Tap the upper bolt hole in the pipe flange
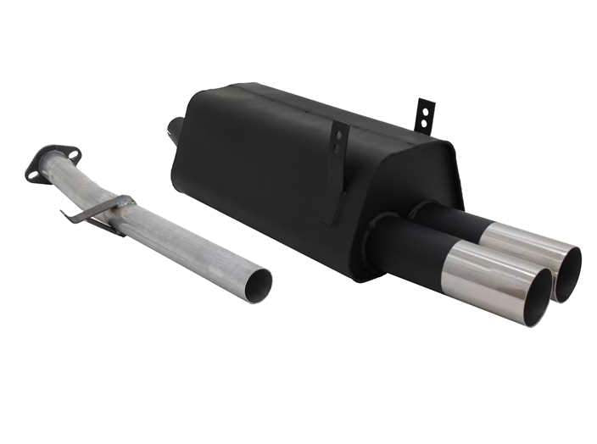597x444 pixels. [x=74, y=155]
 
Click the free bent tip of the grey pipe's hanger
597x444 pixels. [x=68, y=214]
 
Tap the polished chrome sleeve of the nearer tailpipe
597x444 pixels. [x=488, y=275]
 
